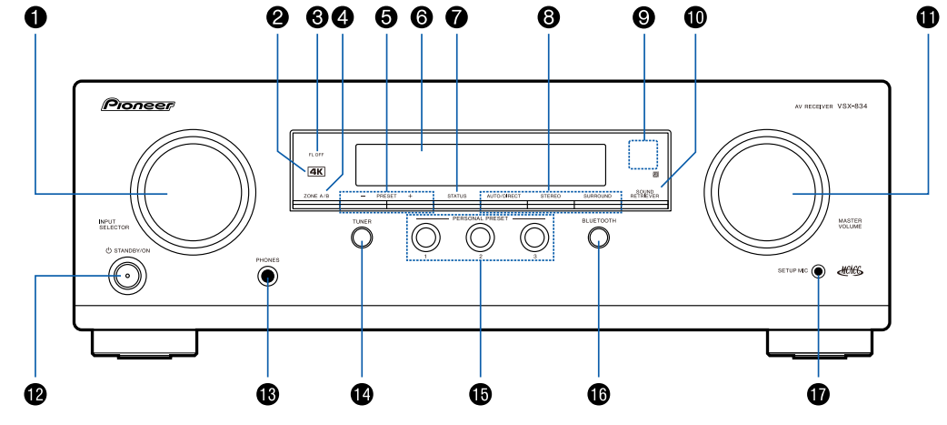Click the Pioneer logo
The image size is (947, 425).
(x=137, y=106)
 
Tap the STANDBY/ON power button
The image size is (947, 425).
(x=127, y=275)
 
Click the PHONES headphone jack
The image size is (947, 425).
(x=267, y=277)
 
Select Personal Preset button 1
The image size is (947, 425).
(x=424, y=238)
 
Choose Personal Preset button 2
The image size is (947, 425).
(x=480, y=238)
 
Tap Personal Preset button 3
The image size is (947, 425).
(x=535, y=238)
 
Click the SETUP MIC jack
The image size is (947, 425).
(x=819, y=271)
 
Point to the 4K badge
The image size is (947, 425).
(x=314, y=170)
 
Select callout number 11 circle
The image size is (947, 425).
(x=928, y=15)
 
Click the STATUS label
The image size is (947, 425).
(x=456, y=197)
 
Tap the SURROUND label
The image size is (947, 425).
(x=597, y=197)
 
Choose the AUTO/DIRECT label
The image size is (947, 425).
(x=503, y=197)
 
